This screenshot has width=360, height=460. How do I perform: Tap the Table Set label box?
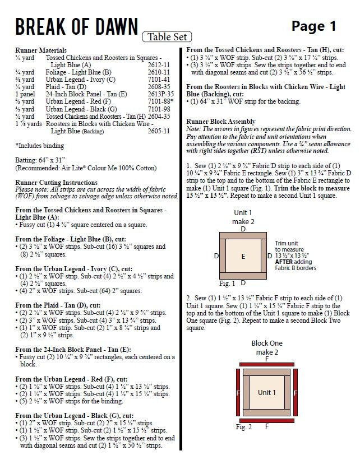pyautogui.click(x=167, y=37)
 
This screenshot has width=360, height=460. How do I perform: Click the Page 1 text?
pyautogui.click(x=313, y=26)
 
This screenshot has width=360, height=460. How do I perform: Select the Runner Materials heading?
pyautogui.click(x=41, y=50)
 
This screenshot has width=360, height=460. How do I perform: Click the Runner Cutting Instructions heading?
pyautogui.click(x=56, y=183)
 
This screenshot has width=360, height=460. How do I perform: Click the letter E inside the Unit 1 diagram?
pyautogui.click(x=243, y=256)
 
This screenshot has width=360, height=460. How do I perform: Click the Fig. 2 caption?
pyautogui.click(x=243, y=427)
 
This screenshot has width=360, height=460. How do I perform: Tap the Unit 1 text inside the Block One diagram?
pyautogui.click(x=267, y=392)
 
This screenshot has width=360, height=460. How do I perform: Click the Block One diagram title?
pyautogui.click(x=267, y=343)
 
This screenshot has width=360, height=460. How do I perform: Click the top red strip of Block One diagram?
pyautogui.click(x=267, y=364)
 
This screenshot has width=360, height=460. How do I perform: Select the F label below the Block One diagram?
pyautogui.click(x=267, y=426)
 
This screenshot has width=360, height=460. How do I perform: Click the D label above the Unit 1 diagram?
pyautogui.click(x=243, y=229)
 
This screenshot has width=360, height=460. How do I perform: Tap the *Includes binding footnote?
pyautogui.click(x=38, y=145)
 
